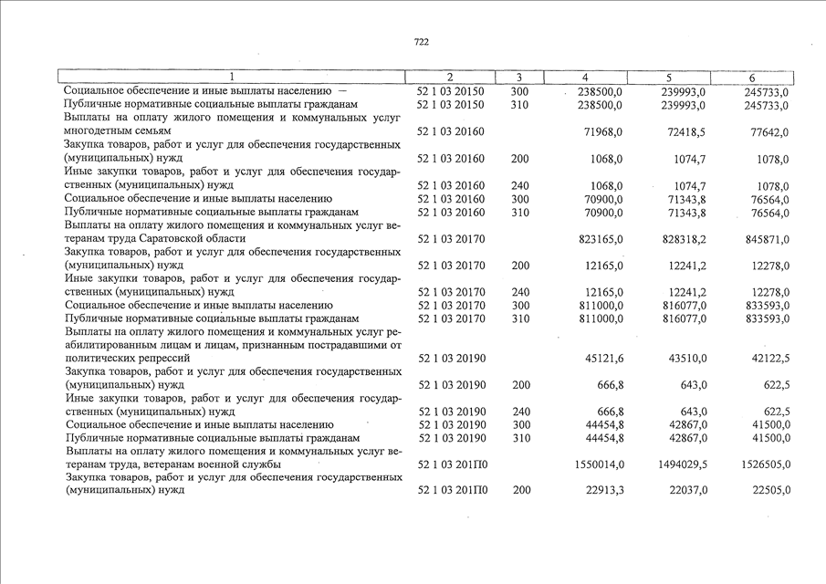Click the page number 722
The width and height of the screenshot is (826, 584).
[x=421, y=42]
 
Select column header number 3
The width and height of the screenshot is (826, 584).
[x=518, y=78]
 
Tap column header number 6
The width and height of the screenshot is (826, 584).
[x=751, y=78]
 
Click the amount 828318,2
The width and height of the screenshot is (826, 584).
[x=677, y=238]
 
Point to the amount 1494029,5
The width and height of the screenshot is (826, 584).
[x=674, y=464]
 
